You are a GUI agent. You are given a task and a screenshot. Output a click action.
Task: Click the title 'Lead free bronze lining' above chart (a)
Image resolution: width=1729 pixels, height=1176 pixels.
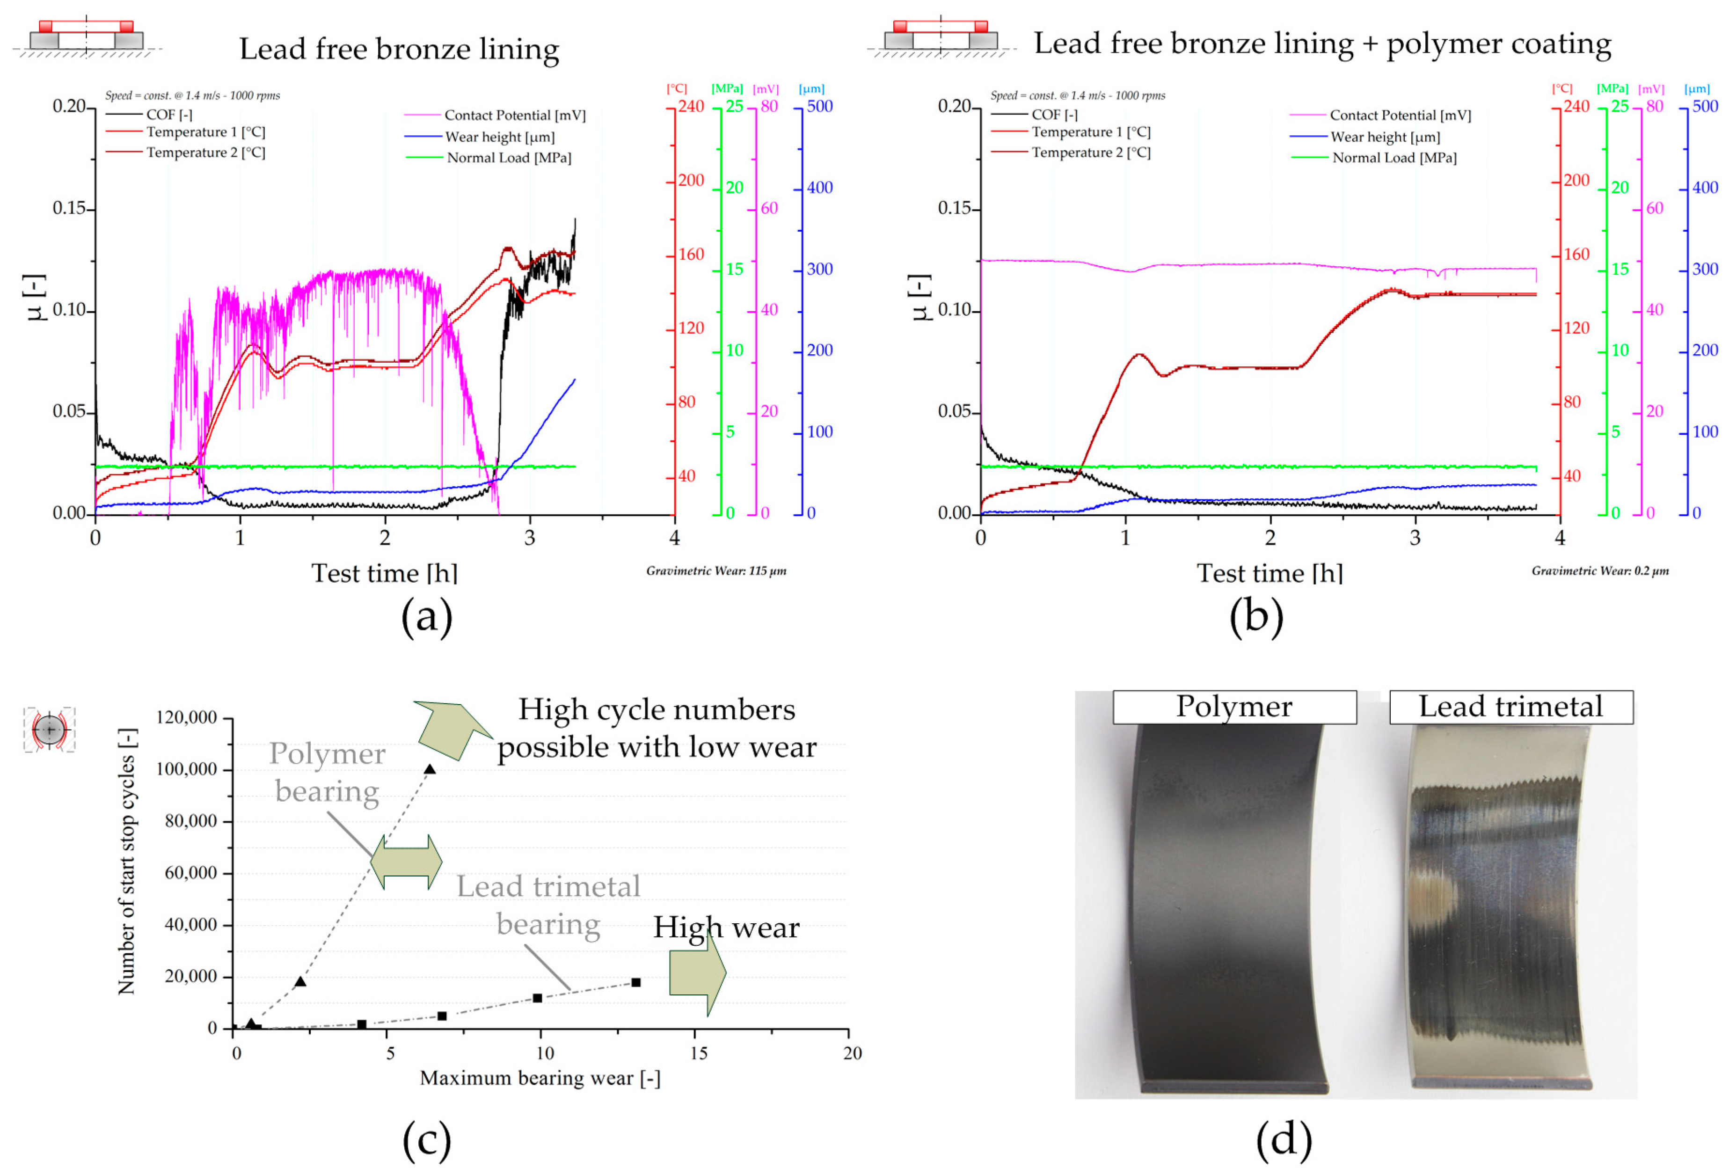click(399, 49)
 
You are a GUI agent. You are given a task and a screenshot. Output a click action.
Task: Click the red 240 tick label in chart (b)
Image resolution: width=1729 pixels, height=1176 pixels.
click(1575, 106)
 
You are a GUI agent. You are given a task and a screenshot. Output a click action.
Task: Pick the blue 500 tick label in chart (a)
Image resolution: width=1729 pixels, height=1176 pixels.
click(819, 106)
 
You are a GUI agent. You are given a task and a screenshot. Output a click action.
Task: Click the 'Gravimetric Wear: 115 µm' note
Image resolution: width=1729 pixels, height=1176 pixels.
click(716, 571)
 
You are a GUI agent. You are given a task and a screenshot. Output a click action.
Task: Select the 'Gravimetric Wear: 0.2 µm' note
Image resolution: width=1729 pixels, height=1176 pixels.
click(1599, 571)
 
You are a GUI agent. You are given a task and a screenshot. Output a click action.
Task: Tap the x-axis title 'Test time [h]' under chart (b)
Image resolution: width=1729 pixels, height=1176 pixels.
click(1269, 574)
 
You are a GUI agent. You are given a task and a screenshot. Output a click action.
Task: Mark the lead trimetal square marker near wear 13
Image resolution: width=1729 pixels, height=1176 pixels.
click(635, 983)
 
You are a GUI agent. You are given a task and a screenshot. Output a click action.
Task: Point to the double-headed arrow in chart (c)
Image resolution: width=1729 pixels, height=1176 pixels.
click(406, 862)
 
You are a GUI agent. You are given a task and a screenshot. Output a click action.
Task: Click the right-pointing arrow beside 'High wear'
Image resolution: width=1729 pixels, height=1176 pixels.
click(697, 973)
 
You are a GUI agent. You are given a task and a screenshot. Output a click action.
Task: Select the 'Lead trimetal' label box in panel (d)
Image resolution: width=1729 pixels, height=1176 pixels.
click(1510, 707)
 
